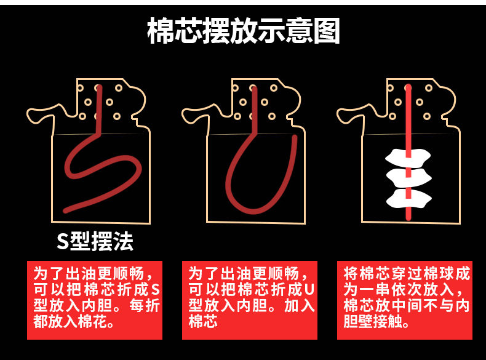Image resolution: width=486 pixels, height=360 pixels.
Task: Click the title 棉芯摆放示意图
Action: (243, 31)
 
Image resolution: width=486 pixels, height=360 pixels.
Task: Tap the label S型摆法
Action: (95, 241)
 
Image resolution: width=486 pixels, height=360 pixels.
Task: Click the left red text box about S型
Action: (95, 300)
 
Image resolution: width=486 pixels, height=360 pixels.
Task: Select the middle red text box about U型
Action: (250, 300)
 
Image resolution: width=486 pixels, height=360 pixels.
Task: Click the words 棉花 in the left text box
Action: (92, 322)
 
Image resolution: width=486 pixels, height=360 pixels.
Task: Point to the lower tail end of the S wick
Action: (67, 210)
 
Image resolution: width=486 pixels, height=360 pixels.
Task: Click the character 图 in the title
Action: (324, 31)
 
